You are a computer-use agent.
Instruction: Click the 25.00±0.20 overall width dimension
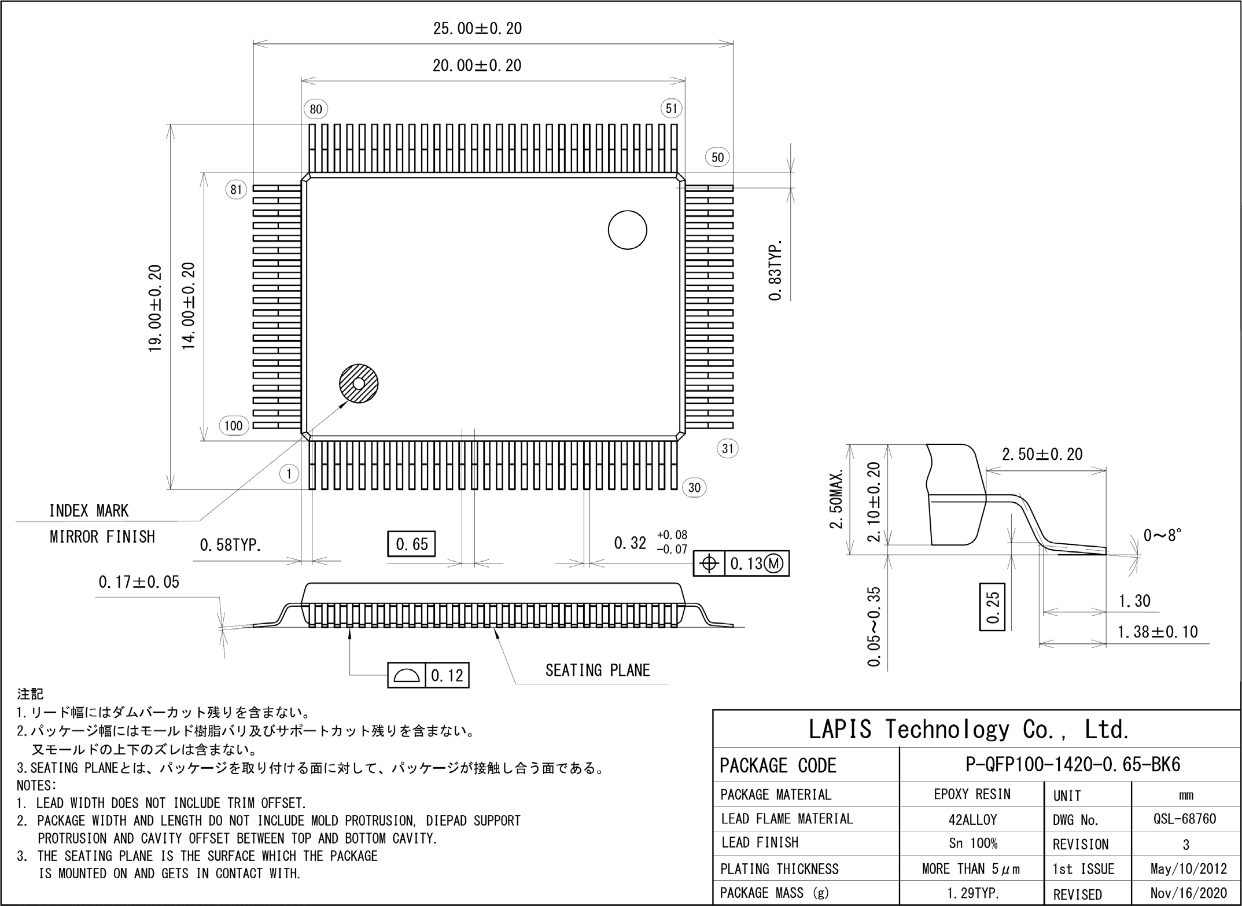click(477, 28)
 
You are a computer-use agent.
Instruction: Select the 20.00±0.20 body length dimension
click(477, 65)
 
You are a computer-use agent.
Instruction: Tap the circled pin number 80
click(315, 109)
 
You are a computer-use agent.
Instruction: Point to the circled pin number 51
click(671, 108)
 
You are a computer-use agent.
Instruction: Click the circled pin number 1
click(289, 474)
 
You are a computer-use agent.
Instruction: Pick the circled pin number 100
click(234, 426)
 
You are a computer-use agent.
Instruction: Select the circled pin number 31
click(728, 448)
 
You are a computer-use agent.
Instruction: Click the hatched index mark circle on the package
click(358, 384)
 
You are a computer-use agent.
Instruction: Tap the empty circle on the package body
click(627, 230)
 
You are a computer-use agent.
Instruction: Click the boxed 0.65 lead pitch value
click(411, 544)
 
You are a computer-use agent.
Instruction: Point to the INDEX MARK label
click(89, 511)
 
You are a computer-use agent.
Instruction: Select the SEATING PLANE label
click(598, 671)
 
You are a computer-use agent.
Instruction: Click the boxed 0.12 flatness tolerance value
click(447, 675)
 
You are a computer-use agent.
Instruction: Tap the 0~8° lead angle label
click(1162, 535)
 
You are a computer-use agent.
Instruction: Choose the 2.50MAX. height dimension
click(836, 499)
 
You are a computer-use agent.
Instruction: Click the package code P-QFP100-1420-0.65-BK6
click(1073, 765)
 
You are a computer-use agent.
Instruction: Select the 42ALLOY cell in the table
click(972, 819)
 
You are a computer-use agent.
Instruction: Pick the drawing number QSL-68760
click(1185, 819)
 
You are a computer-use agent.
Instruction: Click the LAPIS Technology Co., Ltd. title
click(968, 730)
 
